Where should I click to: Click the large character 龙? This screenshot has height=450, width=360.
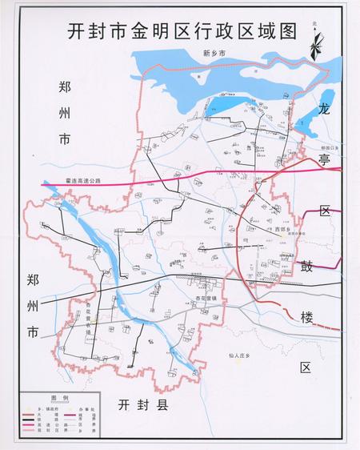324,106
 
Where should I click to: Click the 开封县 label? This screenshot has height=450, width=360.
142,404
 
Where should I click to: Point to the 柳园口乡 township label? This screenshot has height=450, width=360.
329,148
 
